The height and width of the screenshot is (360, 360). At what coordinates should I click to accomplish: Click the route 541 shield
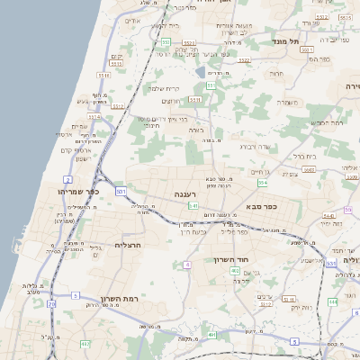(193, 206)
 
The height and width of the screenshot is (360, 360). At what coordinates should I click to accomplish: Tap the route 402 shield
(235, 270)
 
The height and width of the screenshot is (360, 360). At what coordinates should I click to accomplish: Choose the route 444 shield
(332, 302)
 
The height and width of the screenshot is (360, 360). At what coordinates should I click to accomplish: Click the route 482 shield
(85, 344)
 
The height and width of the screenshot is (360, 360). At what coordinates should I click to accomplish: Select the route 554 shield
(263, 183)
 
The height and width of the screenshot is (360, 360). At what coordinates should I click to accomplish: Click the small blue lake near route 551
(199, 70)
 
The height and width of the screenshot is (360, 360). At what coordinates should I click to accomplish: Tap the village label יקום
(115, 58)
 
